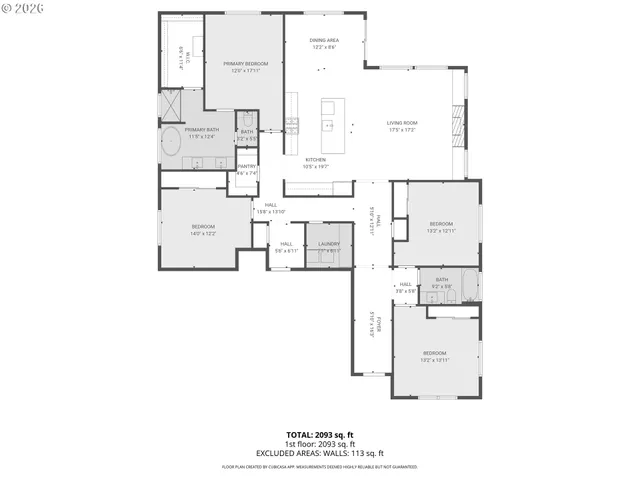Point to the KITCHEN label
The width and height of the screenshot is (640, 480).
coord(316,159)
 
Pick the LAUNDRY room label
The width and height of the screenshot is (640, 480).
coord(330,244)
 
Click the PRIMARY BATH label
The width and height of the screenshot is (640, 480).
coord(201,130)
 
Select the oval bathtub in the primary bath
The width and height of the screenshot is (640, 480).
coord(171,142)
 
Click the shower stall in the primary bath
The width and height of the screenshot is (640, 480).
coord(172,105)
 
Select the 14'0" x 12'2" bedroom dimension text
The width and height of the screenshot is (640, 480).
coord(204,233)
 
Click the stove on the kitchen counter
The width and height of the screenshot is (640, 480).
coord(291,125)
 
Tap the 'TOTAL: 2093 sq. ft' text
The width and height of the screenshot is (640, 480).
coord(320,435)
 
